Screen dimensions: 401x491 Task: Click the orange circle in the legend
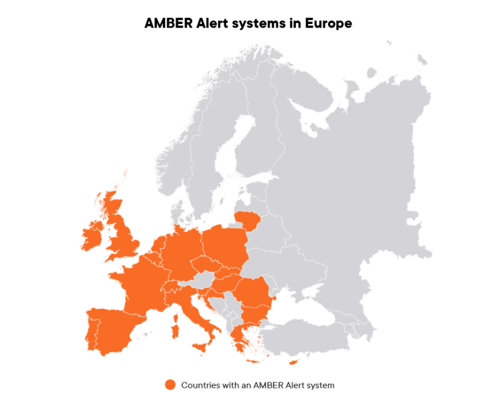[x=170, y=385]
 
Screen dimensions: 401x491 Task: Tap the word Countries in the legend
[x=199, y=385]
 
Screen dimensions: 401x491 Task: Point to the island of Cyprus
[x=294, y=362]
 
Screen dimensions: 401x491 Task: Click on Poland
[x=225, y=246]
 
